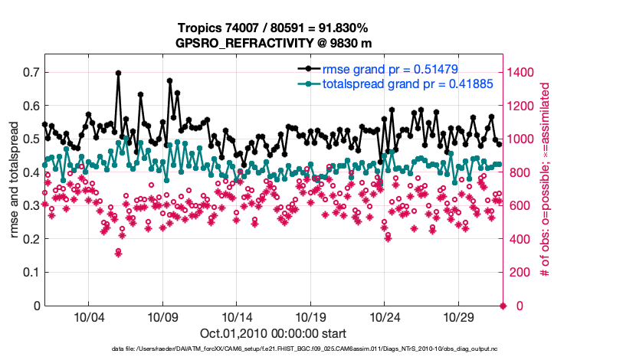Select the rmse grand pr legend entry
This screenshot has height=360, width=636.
390,69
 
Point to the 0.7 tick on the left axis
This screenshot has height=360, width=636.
31,72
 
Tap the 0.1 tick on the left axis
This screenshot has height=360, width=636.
31,272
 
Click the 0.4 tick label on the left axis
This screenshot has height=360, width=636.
31,172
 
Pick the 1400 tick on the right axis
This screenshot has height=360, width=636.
523,72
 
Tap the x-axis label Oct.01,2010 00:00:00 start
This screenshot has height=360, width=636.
273,333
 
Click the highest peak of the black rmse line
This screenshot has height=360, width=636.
118,73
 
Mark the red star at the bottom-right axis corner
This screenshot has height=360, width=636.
503,306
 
